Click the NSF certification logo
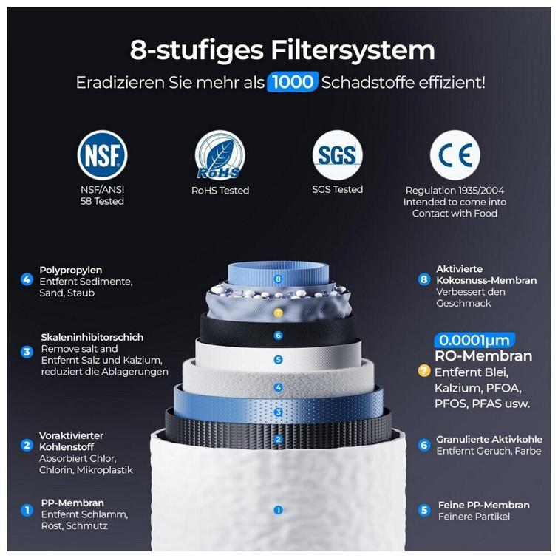pos(102,154)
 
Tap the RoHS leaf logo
pos(220,154)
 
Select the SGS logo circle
pos(337,154)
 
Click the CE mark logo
pos(455,154)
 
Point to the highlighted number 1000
pos(293,82)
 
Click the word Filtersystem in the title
pos(353,50)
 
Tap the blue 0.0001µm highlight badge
pos(474,340)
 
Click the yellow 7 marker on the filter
pos(279,313)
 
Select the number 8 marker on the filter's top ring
pos(279,279)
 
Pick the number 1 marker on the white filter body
pos(279,510)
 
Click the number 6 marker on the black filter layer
pos(279,336)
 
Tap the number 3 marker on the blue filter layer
pos(279,412)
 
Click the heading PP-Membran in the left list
pos(72,503)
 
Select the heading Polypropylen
pos(71,271)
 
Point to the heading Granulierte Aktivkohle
pos(489,440)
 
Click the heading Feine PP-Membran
pos(484,505)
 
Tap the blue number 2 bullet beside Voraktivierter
pos(27,445)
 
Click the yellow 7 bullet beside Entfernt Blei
pos(423,371)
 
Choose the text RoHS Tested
pos(220,191)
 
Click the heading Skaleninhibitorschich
pos(92,337)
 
